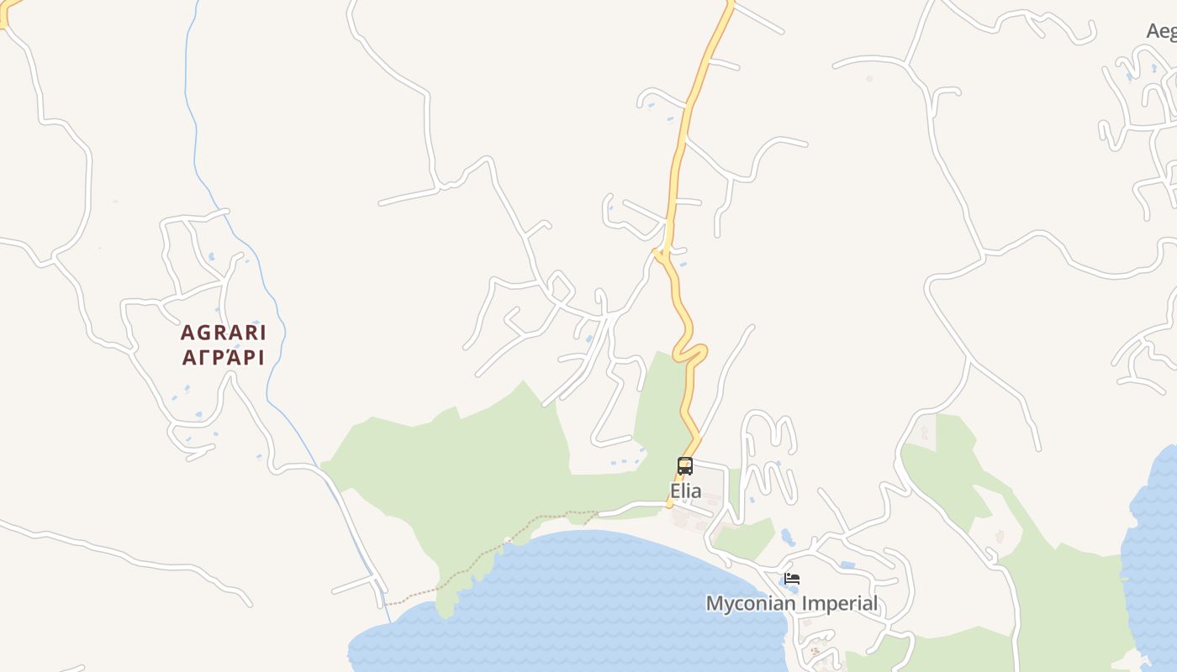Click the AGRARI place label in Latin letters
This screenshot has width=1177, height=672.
[223, 333]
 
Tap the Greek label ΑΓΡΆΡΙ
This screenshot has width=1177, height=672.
[223, 358]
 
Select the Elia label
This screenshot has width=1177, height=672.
[685, 491]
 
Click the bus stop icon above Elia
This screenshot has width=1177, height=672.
[685, 466]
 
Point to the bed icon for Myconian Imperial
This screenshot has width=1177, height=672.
[791, 579]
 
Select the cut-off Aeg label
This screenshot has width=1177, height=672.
[1161, 31]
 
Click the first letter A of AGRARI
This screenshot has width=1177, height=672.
[187, 333]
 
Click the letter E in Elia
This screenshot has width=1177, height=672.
[674, 491]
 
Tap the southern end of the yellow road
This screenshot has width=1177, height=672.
[670, 505]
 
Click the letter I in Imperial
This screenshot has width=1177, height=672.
[804, 604]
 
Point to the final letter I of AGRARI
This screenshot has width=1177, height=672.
[261, 333]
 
